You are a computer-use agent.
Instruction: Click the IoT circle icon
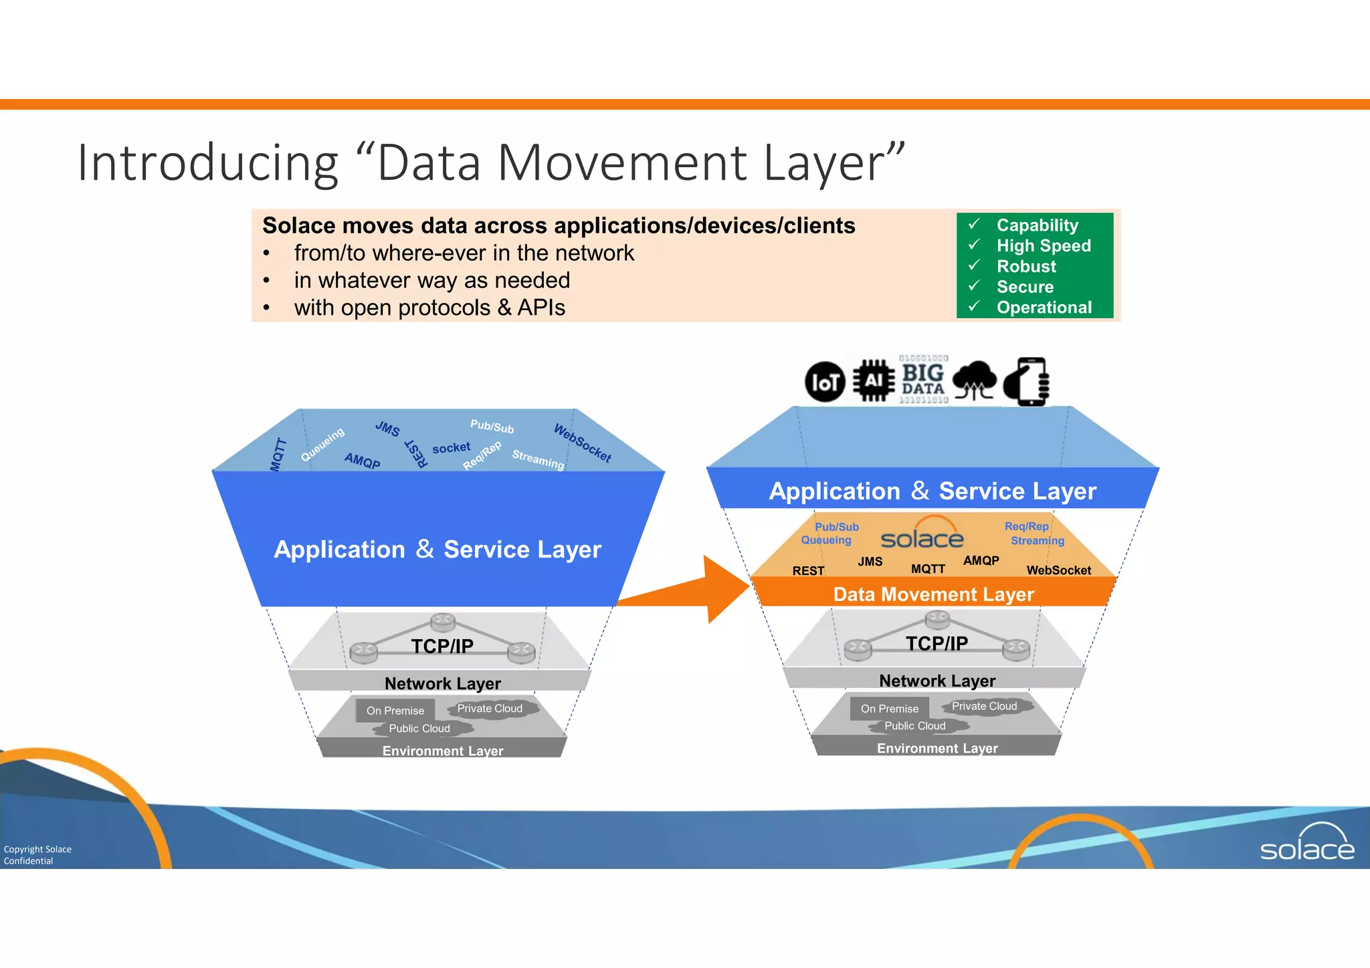click(825, 382)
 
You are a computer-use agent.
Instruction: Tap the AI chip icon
click(874, 380)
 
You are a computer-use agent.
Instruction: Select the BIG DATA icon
click(923, 380)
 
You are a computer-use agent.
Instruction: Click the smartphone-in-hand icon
click(1027, 382)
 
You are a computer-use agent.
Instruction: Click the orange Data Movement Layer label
click(933, 594)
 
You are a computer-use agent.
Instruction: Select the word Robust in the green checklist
click(1026, 266)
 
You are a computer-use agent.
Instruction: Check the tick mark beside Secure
click(974, 285)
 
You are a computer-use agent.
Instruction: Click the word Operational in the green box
click(1044, 308)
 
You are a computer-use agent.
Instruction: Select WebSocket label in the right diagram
click(1058, 570)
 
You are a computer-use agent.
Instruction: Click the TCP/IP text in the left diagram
click(442, 646)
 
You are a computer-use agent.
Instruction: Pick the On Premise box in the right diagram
click(889, 709)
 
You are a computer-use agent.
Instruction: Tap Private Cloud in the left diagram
click(490, 709)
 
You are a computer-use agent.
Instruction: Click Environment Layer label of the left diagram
click(442, 751)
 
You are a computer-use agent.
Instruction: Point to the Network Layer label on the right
click(937, 681)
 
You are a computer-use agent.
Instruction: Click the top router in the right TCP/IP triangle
click(937, 619)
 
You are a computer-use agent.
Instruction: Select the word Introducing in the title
click(208, 162)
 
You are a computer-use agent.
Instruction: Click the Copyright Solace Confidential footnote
click(37, 855)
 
